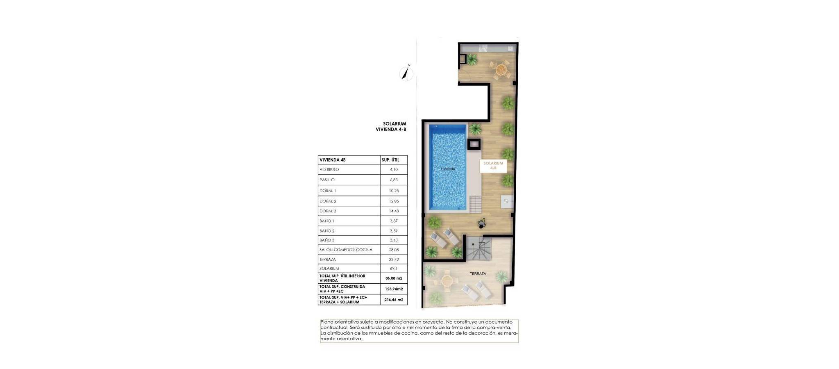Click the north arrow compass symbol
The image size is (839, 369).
[406, 73]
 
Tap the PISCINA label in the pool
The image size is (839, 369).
[448, 169]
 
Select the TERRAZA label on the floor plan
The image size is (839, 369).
[478, 273]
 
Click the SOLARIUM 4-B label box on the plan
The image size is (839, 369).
[493, 166]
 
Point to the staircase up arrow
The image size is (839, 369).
[474, 248]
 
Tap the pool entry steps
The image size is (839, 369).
[476, 204]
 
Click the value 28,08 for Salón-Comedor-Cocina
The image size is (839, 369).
[394, 250]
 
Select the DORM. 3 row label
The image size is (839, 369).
[328, 211]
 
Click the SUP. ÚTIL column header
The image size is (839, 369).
[390, 160]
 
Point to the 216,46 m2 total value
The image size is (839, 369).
[394, 300]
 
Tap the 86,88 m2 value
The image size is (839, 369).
[394, 278]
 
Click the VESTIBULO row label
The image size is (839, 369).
[329, 169]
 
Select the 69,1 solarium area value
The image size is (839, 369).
[394, 269]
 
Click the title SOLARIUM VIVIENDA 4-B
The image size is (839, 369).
[391, 126]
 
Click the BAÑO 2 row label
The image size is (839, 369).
[327, 231]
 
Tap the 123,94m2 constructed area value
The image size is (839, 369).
[394, 289]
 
